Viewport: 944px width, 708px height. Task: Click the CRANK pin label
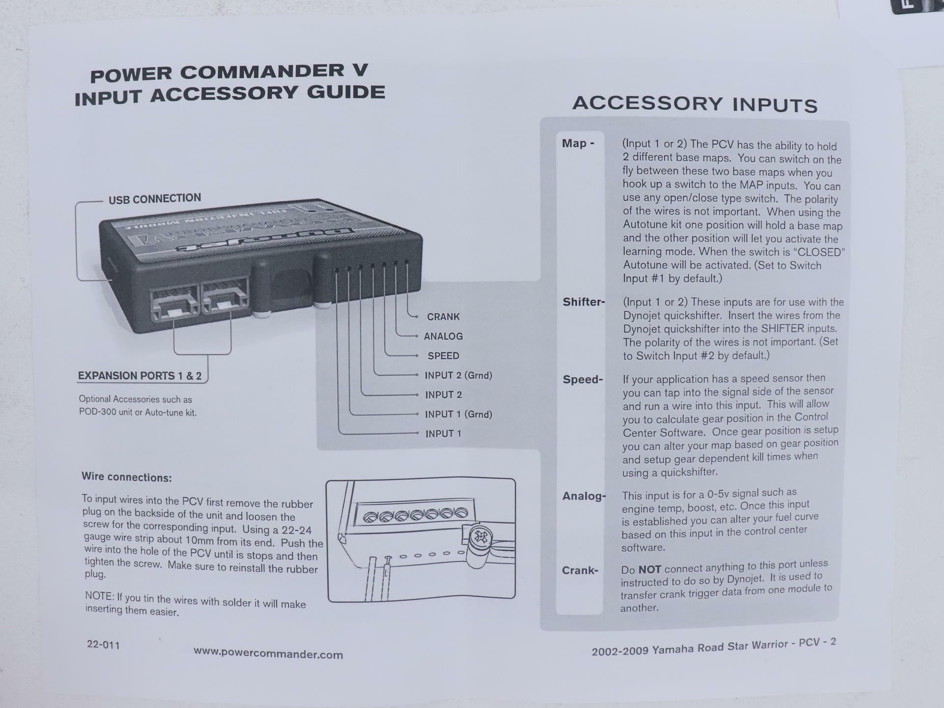443,317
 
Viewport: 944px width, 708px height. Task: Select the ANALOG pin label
443,336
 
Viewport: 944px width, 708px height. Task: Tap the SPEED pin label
443,355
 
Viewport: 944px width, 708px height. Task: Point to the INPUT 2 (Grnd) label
458,375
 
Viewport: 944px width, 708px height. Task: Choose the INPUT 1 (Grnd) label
458,414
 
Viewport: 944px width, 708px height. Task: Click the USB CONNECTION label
154,199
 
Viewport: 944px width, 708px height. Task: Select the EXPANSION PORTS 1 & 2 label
140,376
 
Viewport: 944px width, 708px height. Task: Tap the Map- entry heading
578,144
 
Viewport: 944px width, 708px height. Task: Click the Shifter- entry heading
584,302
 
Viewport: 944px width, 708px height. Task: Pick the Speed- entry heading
583,380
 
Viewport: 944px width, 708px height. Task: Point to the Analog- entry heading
584,496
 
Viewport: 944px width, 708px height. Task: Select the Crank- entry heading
580,570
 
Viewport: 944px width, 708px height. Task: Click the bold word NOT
649,569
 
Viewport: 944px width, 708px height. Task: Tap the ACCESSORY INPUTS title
695,104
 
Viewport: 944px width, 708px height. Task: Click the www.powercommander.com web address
268,653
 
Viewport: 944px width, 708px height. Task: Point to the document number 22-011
103,645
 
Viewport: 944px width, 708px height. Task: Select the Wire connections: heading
127,477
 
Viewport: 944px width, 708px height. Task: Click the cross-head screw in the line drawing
481,537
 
